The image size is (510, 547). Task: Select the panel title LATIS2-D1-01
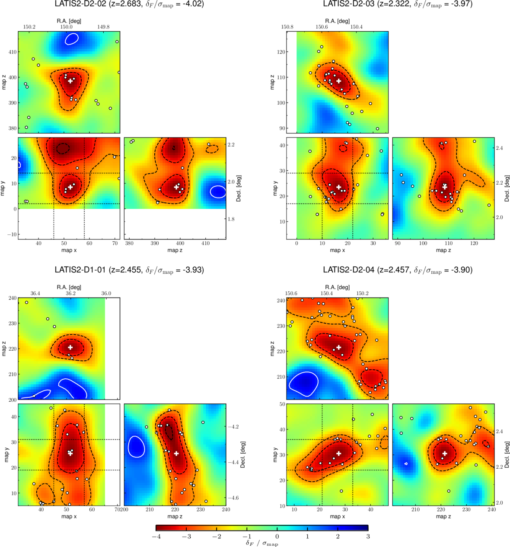(x=80, y=270)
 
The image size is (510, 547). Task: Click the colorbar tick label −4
(x=156, y=537)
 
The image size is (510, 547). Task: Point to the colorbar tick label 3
(x=368, y=537)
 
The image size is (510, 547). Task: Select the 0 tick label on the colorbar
(x=277, y=537)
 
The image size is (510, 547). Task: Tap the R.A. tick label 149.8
(x=103, y=27)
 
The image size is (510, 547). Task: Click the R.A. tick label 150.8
(x=287, y=27)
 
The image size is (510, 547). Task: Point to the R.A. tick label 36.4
(x=35, y=293)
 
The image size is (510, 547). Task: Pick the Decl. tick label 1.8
(x=231, y=219)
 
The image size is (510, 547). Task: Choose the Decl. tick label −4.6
(x=233, y=498)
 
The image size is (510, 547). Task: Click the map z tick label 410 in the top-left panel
(x=12, y=52)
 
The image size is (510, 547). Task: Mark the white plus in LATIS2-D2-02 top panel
(x=70, y=81)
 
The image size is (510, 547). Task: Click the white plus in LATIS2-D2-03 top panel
(x=339, y=81)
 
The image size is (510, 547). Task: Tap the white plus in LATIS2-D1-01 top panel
(x=70, y=347)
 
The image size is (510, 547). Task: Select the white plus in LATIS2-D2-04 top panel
(x=339, y=347)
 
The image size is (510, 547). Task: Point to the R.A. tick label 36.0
(x=106, y=293)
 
